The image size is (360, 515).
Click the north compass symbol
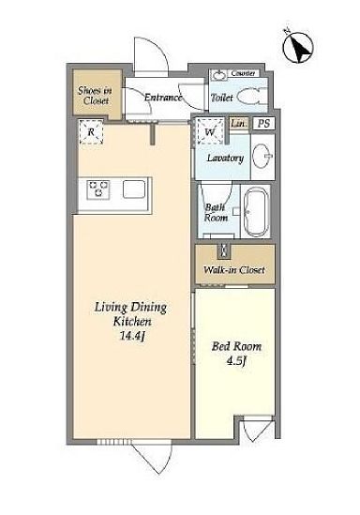click(x=297, y=47)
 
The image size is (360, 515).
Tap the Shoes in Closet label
click(x=95, y=96)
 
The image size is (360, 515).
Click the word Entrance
click(x=163, y=98)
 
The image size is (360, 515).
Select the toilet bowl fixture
click(x=251, y=97)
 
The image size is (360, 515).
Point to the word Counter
click(x=243, y=73)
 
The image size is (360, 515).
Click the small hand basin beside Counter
click(x=218, y=75)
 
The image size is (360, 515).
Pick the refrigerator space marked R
click(x=91, y=132)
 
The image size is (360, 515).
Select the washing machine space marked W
click(x=210, y=132)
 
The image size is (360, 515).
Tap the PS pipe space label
click(x=263, y=124)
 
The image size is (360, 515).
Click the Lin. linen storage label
click(x=238, y=124)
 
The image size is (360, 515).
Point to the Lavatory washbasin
click(x=262, y=157)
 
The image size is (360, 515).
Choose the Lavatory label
click(x=225, y=158)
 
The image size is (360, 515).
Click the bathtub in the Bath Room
click(x=257, y=211)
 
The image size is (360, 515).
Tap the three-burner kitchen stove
click(x=98, y=189)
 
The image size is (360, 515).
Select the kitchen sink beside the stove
click(x=134, y=189)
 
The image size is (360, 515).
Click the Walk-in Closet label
click(x=234, y=270)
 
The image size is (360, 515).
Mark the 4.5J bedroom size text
click(x=236, y=360)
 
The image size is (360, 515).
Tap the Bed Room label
click(x=236, y=346)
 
